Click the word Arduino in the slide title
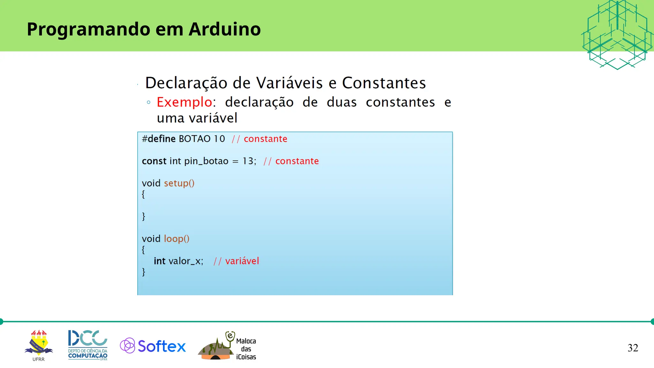click(x=224, y=29)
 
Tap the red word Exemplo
click(x=184, y=102)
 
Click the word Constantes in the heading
click(x=384, y=83)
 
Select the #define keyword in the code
click(x=159, y=139)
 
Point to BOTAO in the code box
click(x=194, y=139)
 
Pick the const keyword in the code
click(x=154, y=161)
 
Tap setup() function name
click(x=179, y=183)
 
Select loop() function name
click(x=176, y=239)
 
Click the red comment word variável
click(x=242, y=261)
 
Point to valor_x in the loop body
click(x=186, y=261)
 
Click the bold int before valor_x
click(x=159, y=261)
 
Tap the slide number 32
click(x=633, y=348)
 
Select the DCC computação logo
click(x=87, y=345)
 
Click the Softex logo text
click(x=162, y=346)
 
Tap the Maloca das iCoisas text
click(x=246, y=349)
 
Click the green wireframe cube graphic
click(x=617, y=34)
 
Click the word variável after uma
click(x=213, y=118)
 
